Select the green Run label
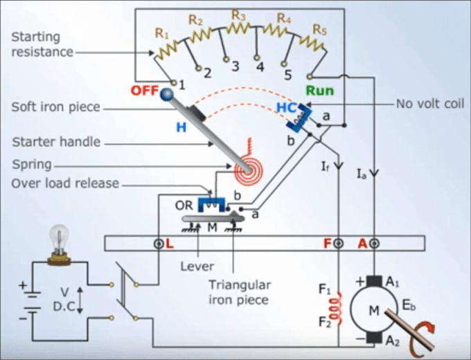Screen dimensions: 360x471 (319, 90)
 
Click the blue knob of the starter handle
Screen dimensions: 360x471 (168, 94)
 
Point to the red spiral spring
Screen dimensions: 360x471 (246, 165)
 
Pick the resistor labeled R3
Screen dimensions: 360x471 (239, 28)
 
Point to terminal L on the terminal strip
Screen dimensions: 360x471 (159, 244)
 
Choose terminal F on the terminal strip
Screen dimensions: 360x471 (339, 244)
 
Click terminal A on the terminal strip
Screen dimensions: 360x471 (374, 244)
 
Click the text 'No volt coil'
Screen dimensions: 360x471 (430, 104)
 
